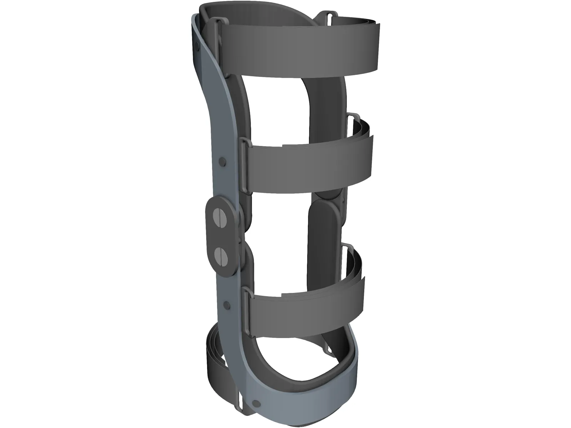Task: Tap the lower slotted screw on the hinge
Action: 220,255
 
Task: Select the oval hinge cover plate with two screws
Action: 220,235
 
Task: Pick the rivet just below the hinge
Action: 226,305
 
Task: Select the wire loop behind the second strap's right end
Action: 353,118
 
